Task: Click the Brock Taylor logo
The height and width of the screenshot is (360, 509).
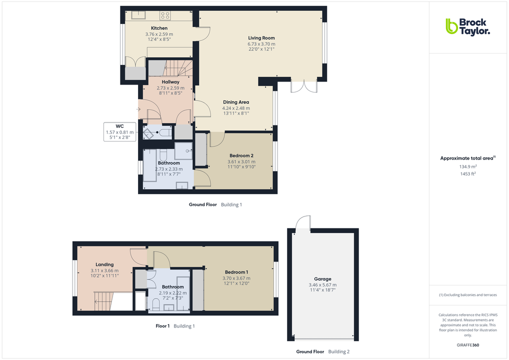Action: (x=467, y=26)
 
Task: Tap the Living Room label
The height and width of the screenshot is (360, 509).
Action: (x=261, y=38)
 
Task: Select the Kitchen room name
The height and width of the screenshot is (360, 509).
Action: (x=159, y=28)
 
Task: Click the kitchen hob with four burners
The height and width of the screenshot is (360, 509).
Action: (x=165, y=15)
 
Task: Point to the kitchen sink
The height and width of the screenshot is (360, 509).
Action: (x=138, y=14)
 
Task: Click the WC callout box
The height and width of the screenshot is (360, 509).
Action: (x=119, y=131)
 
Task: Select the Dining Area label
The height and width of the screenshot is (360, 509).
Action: (x=236, y=102)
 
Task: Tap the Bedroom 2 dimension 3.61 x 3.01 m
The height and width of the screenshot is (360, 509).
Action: (x=241, y=161)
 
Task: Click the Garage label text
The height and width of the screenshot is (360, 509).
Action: (x=323, y=279)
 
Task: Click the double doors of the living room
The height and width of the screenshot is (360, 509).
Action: (x=303, y=86)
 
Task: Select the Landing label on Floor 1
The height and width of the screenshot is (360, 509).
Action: (x=104, y=264)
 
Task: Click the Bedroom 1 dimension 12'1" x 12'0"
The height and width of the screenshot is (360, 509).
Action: (x=237, y=283)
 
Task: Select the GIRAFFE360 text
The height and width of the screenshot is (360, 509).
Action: (x=467, y=345)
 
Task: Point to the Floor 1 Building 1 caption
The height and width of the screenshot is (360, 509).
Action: (x=175, y=326)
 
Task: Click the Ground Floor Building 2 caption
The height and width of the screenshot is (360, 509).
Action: (x=322, y=351)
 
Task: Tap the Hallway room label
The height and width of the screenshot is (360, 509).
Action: (x=170, y=82)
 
